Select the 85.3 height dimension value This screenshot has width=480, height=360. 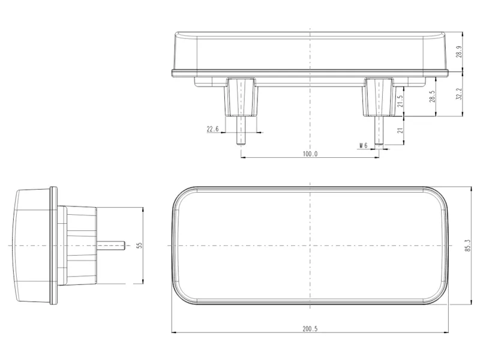467,246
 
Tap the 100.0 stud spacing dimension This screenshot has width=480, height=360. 310,154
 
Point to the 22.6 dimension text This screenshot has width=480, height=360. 212,129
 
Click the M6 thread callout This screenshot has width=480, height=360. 362,146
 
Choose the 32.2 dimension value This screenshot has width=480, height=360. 459,94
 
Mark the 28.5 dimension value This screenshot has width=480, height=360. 431,97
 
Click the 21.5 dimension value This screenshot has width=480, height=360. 400,101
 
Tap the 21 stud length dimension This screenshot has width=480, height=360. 400,131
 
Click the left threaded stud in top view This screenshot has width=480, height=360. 241,130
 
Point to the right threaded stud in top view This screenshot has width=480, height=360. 379,130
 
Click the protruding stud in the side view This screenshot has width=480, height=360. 111,245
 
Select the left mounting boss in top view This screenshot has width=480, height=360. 241,97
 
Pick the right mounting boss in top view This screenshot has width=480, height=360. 379,97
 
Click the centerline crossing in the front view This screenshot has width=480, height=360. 310,246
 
